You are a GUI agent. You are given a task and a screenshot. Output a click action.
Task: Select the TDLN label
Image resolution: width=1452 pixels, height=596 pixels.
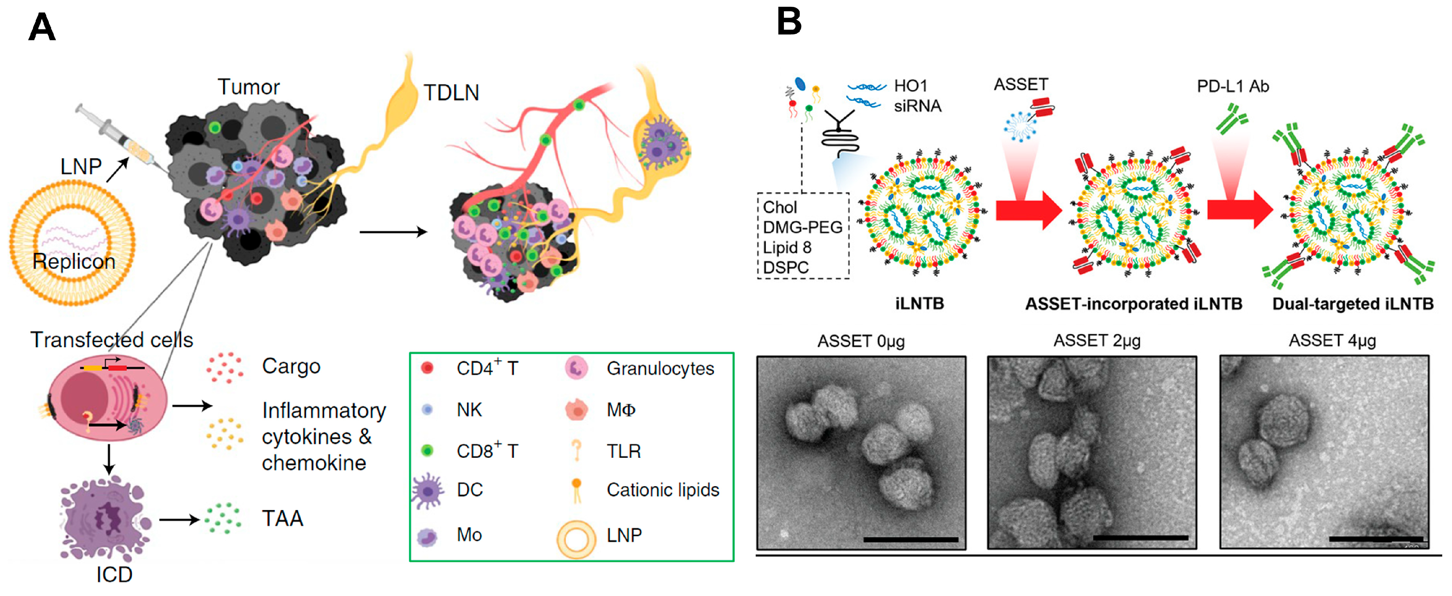(x=451, y=93)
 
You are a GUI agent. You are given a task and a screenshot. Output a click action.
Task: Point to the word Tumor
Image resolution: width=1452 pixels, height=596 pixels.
(x=248, y=87)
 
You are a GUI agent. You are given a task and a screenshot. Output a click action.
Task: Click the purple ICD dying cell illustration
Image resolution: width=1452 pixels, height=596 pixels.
(x=104, y=518)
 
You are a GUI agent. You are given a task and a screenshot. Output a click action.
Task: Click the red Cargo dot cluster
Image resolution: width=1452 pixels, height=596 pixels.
(x=224, y=367)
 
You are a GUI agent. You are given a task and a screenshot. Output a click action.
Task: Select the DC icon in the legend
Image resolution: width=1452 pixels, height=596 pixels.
(x=428, y=490)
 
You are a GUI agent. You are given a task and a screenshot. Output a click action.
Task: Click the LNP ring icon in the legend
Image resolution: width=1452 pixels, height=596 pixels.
(x=576, y=539)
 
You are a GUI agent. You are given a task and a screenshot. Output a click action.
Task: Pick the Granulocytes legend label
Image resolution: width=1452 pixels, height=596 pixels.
(x=659, y=368)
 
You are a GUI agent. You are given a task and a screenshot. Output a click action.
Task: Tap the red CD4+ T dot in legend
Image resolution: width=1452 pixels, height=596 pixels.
(x=427, y=368)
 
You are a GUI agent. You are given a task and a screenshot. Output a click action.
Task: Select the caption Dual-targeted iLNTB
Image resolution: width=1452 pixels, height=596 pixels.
(x=1352, y=304)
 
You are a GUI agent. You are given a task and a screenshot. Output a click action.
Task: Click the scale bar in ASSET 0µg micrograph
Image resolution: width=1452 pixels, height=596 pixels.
(x=910, y=539)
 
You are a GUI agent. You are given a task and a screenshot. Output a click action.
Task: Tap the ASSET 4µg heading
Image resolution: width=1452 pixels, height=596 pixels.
(x=1332, y=341)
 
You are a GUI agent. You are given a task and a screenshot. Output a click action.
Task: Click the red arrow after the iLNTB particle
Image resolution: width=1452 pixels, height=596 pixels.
(x=1028, y=210)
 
